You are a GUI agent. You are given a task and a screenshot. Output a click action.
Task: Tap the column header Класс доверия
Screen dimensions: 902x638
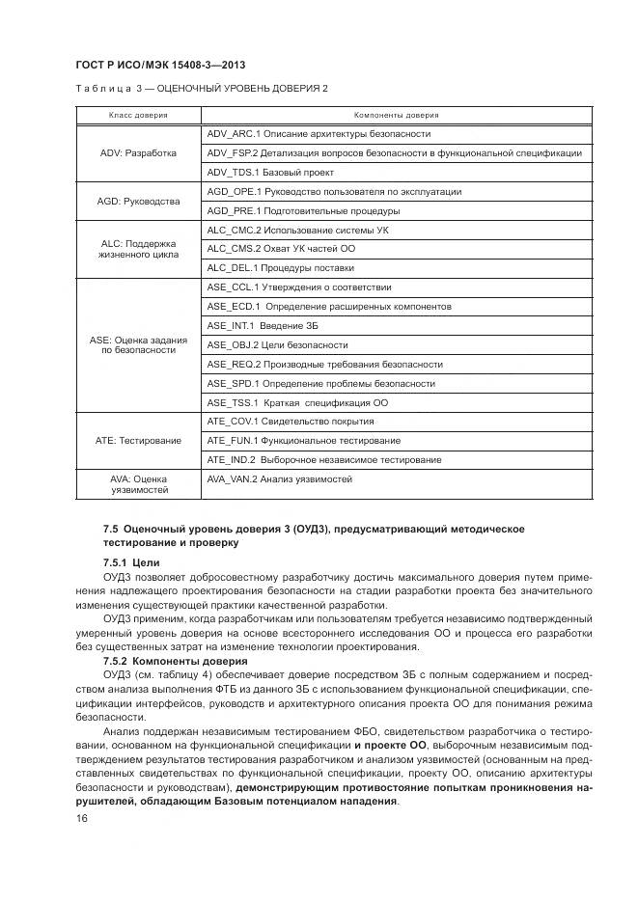point(137,115)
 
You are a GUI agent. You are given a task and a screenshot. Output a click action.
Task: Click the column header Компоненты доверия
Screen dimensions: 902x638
point(396,115)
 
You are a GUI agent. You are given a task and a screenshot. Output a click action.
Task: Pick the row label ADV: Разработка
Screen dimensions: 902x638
point(138,153)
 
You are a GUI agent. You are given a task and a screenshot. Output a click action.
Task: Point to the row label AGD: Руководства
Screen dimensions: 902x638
point(138,202)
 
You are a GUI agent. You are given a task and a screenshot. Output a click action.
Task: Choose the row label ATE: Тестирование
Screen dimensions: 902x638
point(138,441)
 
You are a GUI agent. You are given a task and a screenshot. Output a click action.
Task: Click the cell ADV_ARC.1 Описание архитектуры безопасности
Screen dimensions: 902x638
point(319,134)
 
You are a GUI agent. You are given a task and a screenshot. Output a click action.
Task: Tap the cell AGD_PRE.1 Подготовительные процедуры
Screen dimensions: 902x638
point(303,211)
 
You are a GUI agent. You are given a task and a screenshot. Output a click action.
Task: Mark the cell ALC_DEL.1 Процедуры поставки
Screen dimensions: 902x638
point(280,268)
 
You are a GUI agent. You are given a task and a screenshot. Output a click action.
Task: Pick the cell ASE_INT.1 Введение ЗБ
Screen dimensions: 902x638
point(263,326)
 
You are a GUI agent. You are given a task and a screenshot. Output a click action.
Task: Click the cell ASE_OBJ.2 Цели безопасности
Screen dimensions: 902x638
point(277,345)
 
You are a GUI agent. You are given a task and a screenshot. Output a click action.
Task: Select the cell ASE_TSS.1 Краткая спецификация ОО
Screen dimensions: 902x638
point(297,402)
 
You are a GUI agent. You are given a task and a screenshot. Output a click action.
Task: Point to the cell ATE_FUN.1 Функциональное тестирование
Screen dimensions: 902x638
point(303,441)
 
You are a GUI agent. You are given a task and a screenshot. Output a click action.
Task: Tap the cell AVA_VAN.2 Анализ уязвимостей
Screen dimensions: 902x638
point(279,479)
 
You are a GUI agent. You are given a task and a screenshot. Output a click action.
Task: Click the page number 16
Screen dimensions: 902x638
point(81,818)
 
